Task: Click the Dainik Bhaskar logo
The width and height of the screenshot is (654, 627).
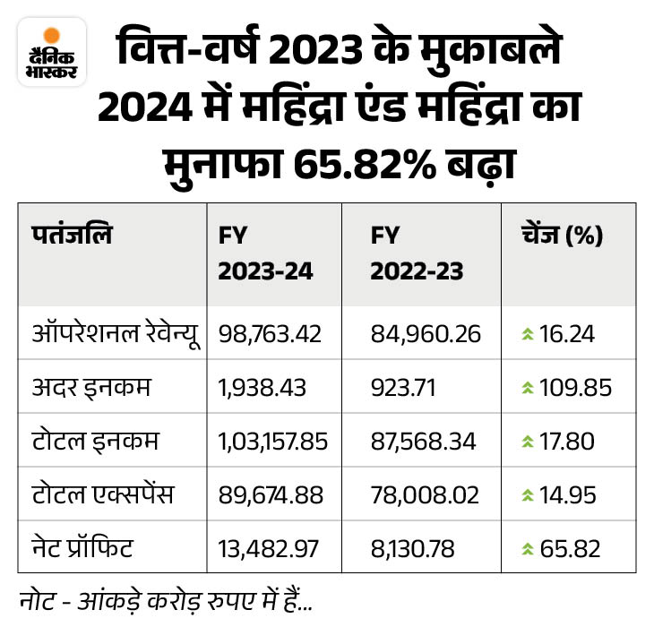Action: coord(51,51)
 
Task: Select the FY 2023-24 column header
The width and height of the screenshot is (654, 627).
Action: coord(264,253)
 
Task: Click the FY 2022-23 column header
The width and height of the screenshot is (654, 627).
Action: coord(417,253)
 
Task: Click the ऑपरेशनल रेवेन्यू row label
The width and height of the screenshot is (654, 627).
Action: coord(112,334)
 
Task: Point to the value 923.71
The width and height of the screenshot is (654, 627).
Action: coord(403,387)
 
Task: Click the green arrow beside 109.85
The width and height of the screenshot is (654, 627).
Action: coord(529,388)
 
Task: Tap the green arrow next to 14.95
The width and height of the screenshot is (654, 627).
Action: coord(529,494)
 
